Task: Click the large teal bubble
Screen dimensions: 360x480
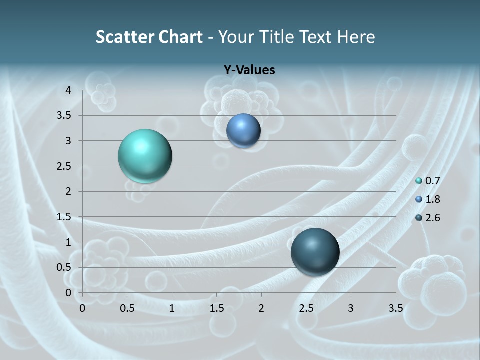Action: coord(145,156)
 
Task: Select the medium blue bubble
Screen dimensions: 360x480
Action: coord(243,130)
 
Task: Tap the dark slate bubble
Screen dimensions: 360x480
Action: coord(315,252)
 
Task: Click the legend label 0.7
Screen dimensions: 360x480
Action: coord(432,181)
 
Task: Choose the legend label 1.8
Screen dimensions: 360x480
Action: coord(432,199)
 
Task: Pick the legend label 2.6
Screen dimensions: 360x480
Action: coord(432,218)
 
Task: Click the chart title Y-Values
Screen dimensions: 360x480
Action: coord(249,70)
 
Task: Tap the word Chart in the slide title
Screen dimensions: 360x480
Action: coord(179,37)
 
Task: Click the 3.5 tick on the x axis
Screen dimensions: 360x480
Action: coord(395,308)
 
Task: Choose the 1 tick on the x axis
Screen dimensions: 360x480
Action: coord(172,308)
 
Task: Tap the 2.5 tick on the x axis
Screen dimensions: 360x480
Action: coord(306,308)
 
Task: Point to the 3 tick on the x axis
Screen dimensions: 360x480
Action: coord(351,308)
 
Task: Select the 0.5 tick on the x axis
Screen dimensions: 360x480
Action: coord(127,308)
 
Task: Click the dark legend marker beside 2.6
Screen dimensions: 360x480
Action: coord(419,218)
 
